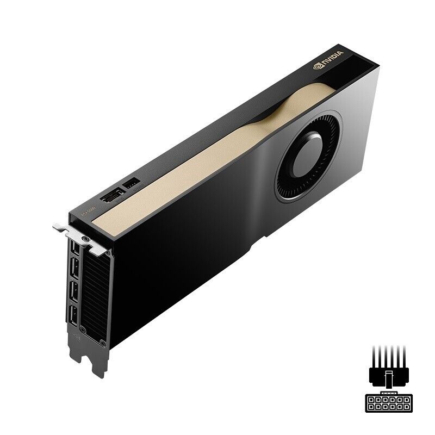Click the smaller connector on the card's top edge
(132, 184)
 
